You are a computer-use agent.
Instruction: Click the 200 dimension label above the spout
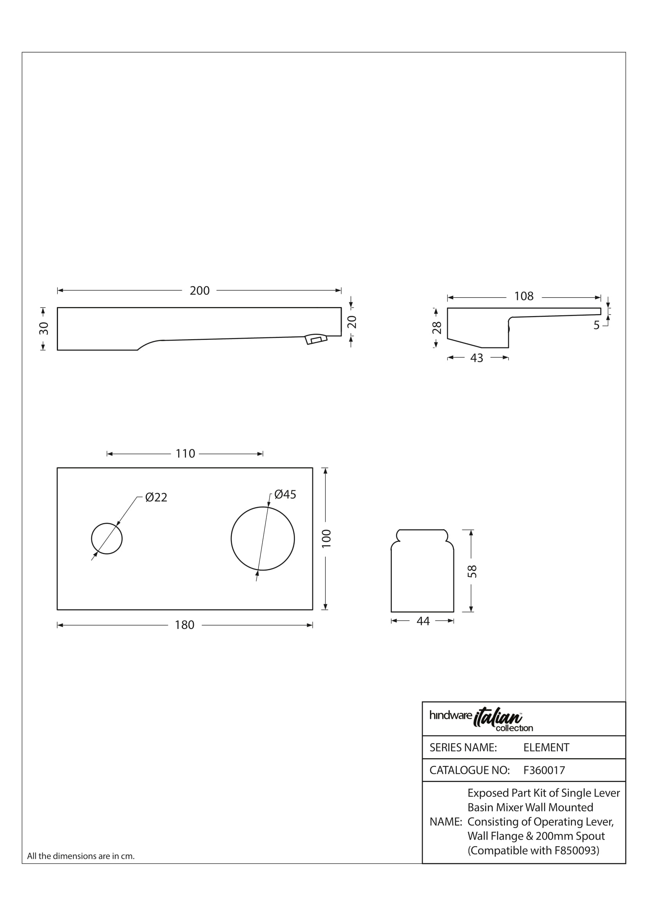point(199,291)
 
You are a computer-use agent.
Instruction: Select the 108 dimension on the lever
point(523,296)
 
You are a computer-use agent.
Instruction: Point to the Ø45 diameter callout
point(285,494)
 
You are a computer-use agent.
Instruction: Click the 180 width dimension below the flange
point(185,625)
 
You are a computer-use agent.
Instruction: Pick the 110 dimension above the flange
point(185,453)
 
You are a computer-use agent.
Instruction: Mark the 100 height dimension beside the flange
point(326,538)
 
